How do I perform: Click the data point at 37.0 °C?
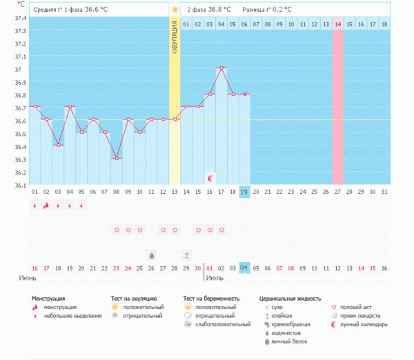click(221, 68)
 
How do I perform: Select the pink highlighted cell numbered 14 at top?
click(337, 24)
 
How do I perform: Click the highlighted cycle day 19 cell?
click(244, 191)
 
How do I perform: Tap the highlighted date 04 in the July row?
click(244, 268)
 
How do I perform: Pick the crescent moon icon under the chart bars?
click(210, 178)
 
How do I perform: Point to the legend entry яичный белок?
click(289, 341)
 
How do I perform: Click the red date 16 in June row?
click(34, 268)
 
